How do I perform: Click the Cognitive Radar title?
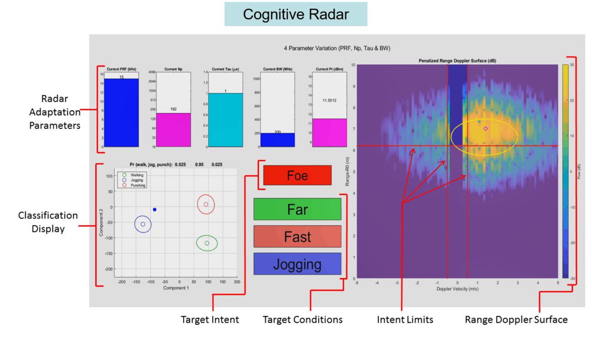point(296,14)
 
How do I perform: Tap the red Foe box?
point(297,175)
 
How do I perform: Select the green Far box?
point(297,210)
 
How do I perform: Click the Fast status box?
point(297,237)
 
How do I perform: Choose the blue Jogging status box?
point(297,264)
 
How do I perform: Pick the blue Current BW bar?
point(277,140)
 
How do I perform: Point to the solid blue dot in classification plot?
point(155,210)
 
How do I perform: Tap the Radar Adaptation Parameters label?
point(55,112)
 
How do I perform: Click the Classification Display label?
point(48,222)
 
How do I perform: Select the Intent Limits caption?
point(405,319)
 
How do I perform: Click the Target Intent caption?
point(210,319)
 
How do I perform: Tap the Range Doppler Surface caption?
point(516,319)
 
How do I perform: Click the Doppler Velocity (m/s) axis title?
point(457,289)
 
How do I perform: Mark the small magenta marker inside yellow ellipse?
point(485,129)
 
